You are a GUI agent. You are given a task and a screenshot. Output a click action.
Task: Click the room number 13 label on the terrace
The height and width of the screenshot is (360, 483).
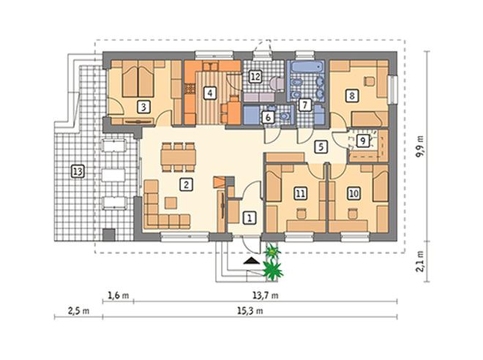point(78,171)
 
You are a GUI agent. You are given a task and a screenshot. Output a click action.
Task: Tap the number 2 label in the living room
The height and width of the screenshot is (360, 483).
point(186,184)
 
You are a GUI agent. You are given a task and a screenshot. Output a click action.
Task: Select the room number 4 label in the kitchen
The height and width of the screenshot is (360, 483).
point(210,92)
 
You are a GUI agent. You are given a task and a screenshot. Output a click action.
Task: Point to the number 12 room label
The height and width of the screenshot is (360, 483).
point(255,76)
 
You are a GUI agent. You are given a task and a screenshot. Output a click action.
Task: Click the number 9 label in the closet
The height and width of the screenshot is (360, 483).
point(362,140)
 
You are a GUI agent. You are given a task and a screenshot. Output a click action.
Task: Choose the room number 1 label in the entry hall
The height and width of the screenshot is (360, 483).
point(250,218)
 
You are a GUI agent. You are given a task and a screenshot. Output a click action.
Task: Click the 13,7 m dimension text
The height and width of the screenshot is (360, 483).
point(266,296)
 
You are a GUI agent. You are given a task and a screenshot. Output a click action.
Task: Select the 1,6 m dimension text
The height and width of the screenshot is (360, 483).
point(119,296)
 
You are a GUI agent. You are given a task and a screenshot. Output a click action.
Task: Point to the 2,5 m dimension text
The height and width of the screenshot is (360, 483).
point(78,311)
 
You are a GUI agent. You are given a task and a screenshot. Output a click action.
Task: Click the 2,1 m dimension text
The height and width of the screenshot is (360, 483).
point(420,261)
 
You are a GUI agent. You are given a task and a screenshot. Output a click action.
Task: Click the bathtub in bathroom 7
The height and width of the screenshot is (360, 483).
point(307,67)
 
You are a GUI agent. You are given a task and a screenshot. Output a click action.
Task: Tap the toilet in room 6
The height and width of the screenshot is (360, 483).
point(284,116)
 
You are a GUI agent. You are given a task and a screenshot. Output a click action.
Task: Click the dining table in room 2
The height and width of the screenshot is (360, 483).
point(179,157)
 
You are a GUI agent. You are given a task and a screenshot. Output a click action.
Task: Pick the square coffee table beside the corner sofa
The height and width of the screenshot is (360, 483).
point(171,203)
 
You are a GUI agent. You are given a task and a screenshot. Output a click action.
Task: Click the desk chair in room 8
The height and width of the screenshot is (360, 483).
point(370,81)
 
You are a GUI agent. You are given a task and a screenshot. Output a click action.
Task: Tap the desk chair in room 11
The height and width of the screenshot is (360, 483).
point(301,214)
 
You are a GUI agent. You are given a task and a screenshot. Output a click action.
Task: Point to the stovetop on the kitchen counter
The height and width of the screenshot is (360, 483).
point(190,89)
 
